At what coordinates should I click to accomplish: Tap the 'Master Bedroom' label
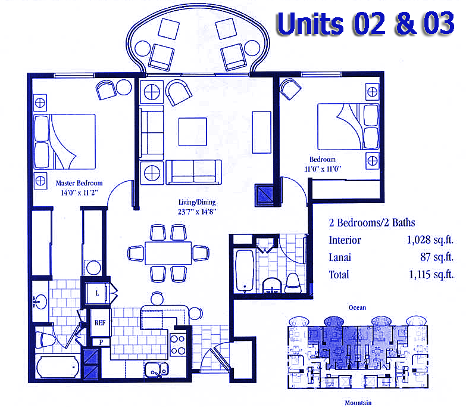coord(79,184)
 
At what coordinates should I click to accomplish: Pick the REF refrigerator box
coord(99,322)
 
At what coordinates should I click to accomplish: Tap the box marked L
coord(98,293)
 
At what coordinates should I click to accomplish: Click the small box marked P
coord(100,342)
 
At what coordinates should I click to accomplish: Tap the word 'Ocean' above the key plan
coord(357,307)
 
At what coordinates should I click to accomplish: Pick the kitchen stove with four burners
coord(177,344)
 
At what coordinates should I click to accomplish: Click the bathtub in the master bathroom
coord(57,367)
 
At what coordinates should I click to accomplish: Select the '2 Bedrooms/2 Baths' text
coord(372,223)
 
